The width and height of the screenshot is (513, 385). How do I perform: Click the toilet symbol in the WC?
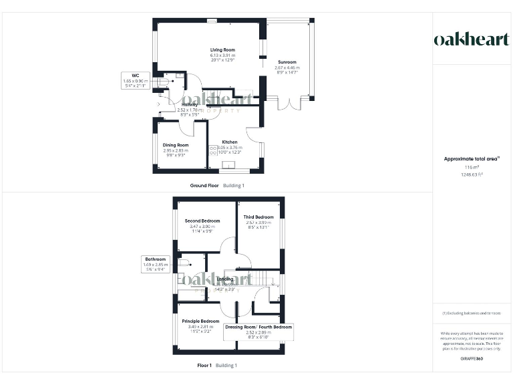(x=164, y=83)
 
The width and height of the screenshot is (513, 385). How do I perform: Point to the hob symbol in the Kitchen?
(x=214, y=149)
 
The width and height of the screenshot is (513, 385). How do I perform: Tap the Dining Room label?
(x=176, y=145)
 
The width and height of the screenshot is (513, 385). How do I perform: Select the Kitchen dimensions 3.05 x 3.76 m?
(x=230, y=148)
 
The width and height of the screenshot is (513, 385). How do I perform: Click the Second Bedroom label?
(x=202, y=221)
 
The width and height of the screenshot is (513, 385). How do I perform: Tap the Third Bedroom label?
(x=259, y=217)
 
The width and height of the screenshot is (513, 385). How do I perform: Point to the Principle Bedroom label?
(x=200, y=321)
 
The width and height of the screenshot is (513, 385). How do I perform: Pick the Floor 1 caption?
(x=204, y=366)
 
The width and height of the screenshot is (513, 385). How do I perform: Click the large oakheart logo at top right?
(x=472, y=39)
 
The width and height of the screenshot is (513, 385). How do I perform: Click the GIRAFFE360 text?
(x=472, y=360)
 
